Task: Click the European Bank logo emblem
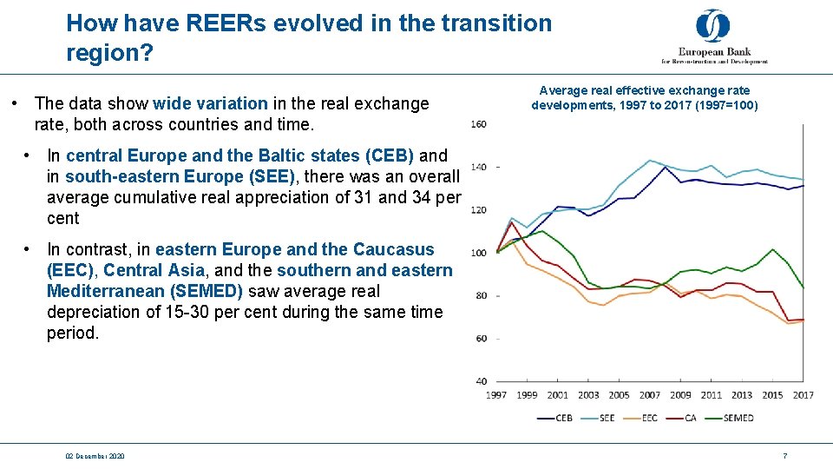(x=712, y=26)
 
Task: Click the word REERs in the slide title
(x=229, y=23)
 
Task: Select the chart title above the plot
(x=644, y=98)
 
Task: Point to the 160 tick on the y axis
(x=478, y=124)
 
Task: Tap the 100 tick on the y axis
(x=478, y=253)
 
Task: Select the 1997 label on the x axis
(x=496, y=395)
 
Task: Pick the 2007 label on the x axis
(x=649, y=395)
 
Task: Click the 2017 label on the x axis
(x=802, y=395)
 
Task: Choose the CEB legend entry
(x=554, y=418)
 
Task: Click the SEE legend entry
(x=598, y=418)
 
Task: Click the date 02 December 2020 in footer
(x=95, y=456)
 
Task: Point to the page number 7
(x=784, y=456)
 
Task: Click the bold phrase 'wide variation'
(x=210, y=103)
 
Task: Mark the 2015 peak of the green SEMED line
(x=772, y=250)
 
